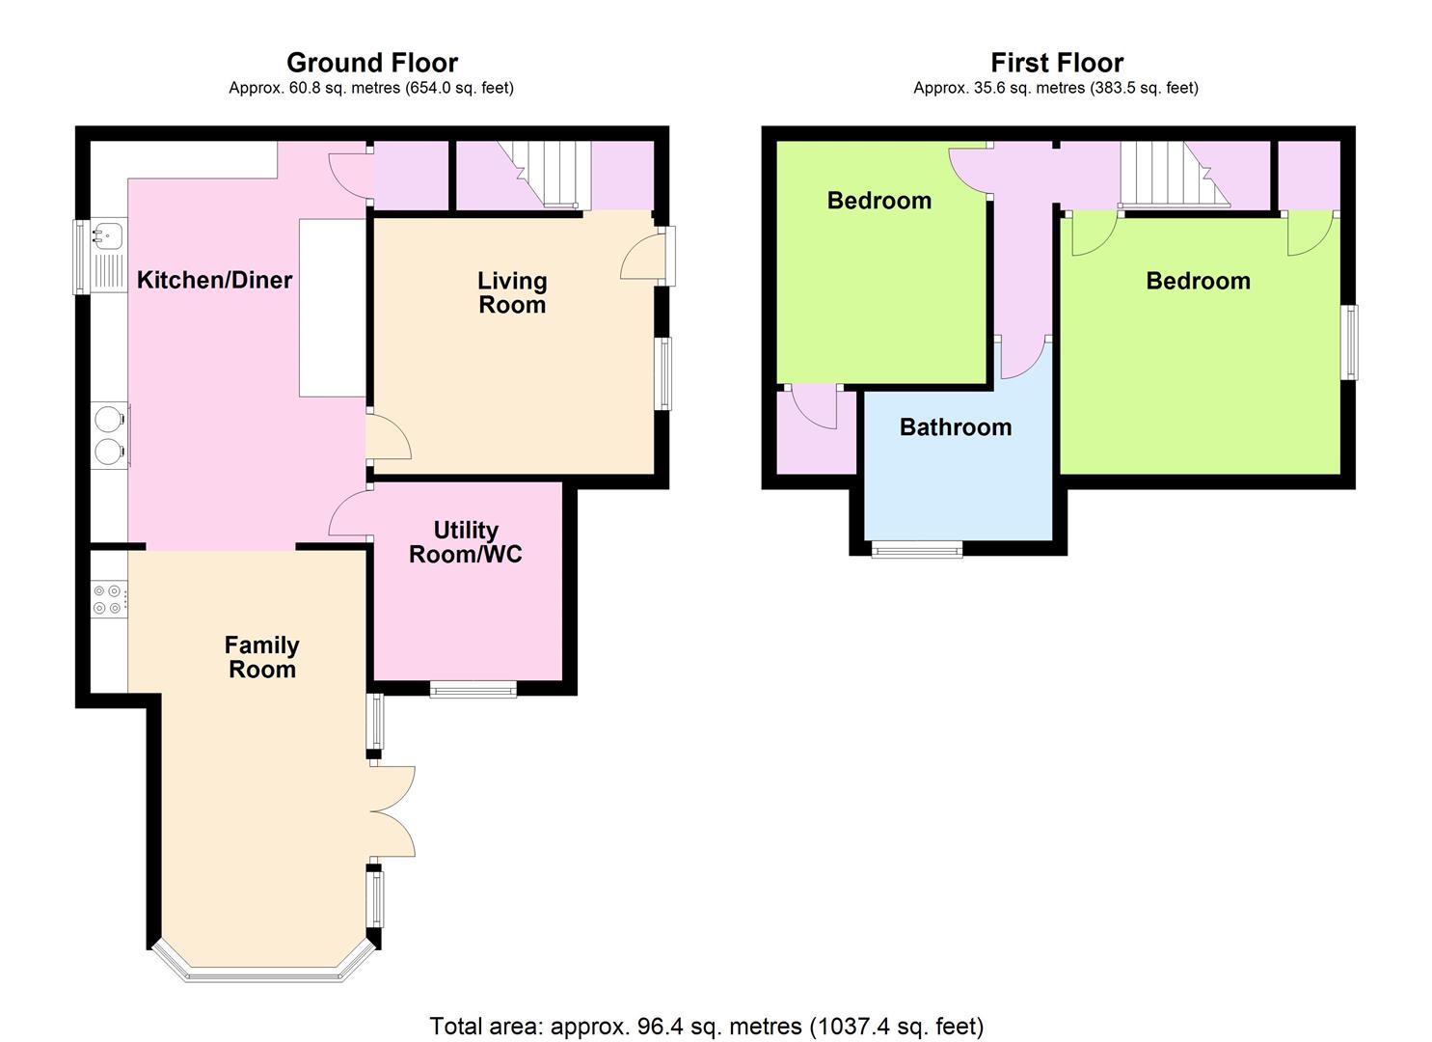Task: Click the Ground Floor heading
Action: [372, 63]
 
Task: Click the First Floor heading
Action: [1057, 63]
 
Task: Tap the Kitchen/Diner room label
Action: [215, 280]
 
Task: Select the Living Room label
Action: [512, 292]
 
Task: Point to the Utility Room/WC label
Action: [466, 542]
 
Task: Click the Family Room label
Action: [262, 658]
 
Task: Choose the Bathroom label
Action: [956, 426]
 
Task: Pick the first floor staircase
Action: [1175, 175]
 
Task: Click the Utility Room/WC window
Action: [473, 689]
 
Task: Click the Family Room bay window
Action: [262, 967]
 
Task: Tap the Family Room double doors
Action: [392, 811]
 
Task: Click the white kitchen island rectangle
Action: [333, 308]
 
